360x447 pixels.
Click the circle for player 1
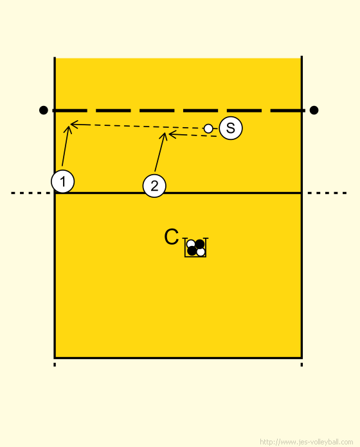click(63, 181)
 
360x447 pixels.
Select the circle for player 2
click(154, 186)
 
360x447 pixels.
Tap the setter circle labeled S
click(231, 128)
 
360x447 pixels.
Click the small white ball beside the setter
click(208, 128)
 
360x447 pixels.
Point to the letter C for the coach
click(172, 237)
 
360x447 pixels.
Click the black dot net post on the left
click(43, 110)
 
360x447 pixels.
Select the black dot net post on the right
click(314, 110)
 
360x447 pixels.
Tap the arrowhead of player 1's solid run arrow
click(68, 127)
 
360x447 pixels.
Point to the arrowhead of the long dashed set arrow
click(71, 125)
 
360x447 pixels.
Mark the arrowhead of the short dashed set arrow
click(169, 134)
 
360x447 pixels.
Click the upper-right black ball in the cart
click(200, 244)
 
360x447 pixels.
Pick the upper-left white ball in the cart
click(191, 244)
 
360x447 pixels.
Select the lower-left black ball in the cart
click(192, 251)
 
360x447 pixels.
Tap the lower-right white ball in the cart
click(201, 252)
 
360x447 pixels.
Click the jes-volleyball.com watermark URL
click(307, 442)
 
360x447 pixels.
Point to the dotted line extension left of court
click(31, 193)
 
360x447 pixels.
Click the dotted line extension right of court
click(327, 193)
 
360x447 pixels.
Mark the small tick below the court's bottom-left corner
click(55, 365)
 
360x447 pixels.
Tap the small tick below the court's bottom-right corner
click(301, 365)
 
